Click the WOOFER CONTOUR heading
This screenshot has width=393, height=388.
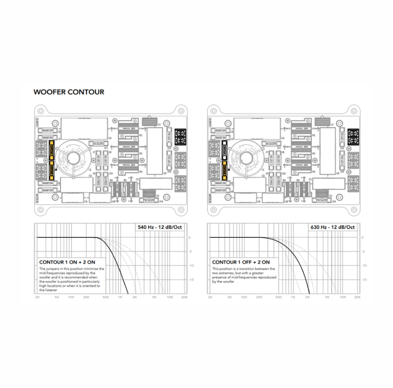click(69, 92)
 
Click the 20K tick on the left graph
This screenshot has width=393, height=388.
click(185, 297)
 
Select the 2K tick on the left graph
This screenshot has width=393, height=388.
click(135, 297)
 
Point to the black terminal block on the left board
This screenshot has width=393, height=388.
click(180, 136)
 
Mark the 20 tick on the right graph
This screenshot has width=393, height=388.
click(210, 297)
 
